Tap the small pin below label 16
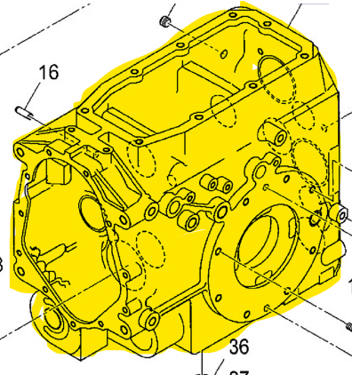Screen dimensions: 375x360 pyautogui.click(x=26, y=111)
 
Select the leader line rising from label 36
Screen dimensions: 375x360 pyautogui.click(x=204, y=360)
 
